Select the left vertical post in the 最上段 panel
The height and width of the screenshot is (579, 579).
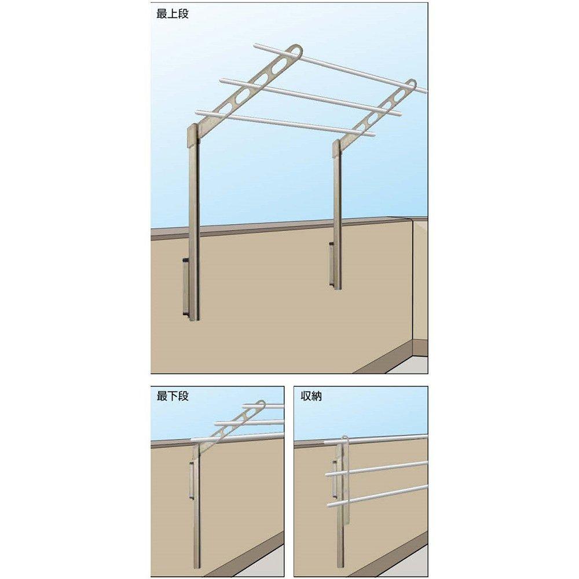(196, 232)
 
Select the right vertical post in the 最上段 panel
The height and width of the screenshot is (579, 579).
(338, 220)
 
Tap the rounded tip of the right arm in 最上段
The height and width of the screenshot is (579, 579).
(412, 85)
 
